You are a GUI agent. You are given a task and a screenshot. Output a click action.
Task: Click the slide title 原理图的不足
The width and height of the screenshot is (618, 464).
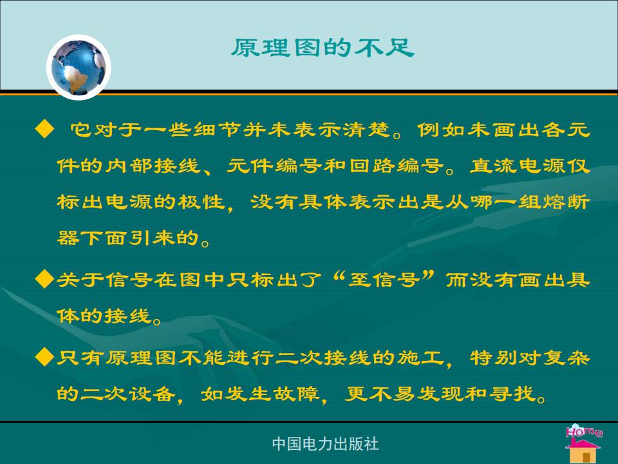click(323, 48)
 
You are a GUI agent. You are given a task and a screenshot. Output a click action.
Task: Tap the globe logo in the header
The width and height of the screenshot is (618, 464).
click(79, 67)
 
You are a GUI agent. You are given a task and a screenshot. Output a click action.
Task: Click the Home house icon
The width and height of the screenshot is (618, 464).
click(583, 443)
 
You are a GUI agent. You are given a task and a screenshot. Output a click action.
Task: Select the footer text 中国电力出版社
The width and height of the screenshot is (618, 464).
click(325, 444)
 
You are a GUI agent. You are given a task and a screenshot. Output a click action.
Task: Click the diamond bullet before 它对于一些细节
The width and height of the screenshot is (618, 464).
click(44, 130)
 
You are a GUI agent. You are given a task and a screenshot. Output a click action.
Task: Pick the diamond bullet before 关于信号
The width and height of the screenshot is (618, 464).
click(44, 280)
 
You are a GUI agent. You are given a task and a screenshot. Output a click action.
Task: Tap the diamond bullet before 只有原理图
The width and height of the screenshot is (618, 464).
click(44, 357)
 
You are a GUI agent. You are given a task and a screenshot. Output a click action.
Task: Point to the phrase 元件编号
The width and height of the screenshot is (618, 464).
click(275, 166)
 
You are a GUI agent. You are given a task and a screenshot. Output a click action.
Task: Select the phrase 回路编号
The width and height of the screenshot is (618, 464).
click(397, 166)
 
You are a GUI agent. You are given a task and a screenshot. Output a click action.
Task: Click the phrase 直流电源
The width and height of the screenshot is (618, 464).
click(518, 166)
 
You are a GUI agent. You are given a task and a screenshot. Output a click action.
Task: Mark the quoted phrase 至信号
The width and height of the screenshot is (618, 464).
click(384, 280)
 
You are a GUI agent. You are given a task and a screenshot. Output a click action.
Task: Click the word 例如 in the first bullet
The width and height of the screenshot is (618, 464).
click(442, 130)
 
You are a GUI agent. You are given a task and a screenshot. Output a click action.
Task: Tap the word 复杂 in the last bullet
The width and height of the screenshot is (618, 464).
click(566, 358)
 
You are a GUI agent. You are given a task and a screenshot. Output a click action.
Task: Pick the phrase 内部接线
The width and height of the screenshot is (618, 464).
click(153, 166)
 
